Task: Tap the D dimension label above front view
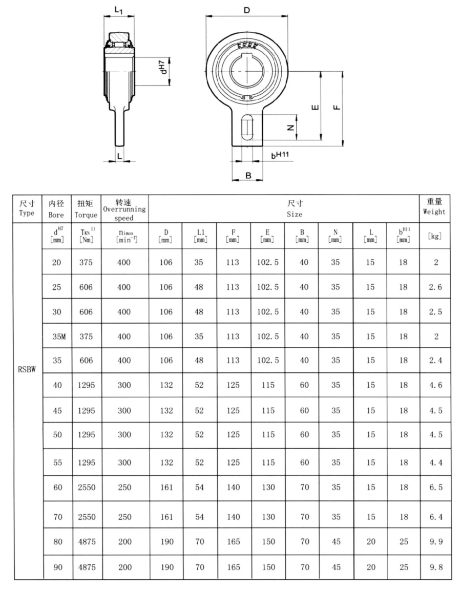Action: pyautogui.click(x=247, y=10)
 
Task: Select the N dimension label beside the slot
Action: pyautogui.click(x=290, y=127)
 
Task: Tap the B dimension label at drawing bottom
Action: pyautogui.click(x=248, y=175)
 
